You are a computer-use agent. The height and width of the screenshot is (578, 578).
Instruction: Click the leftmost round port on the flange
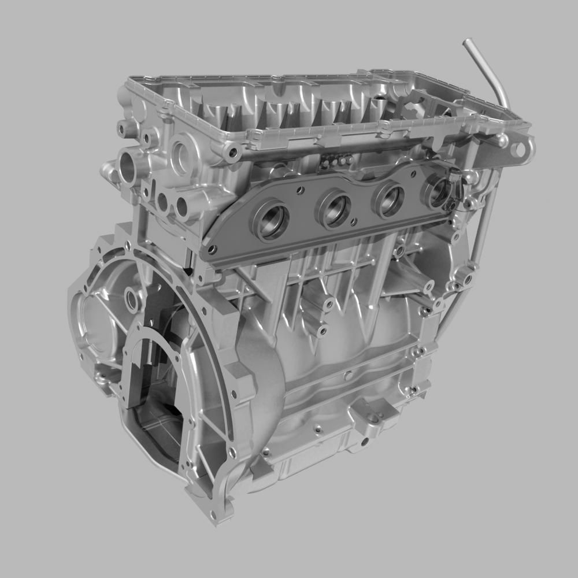point(271,220)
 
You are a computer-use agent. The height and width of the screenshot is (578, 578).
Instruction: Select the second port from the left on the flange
point(334,209)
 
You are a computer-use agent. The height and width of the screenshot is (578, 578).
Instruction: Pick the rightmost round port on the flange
point(438,192)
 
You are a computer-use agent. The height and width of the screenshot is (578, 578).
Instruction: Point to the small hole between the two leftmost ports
point(299,190)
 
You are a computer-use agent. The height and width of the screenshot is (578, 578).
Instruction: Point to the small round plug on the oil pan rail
point(349,376)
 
